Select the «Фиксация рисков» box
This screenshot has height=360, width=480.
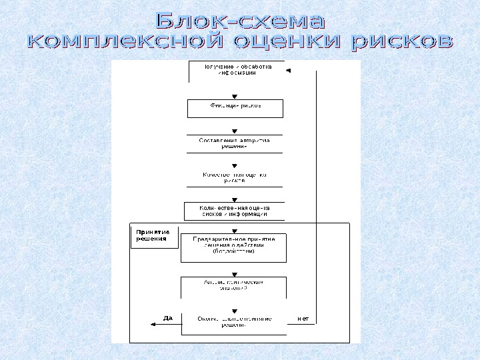coord(235,107)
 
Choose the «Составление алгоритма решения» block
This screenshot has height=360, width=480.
coord(235,143)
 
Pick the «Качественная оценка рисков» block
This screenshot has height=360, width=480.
coord(235,177)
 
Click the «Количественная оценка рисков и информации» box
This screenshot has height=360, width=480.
coord(234,211)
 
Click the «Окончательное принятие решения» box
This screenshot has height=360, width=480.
coord(233,321)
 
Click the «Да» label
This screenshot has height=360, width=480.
coord(168,318)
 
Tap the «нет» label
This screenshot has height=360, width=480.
coord(303,318)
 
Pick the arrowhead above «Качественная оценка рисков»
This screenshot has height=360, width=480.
coord(234,165)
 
